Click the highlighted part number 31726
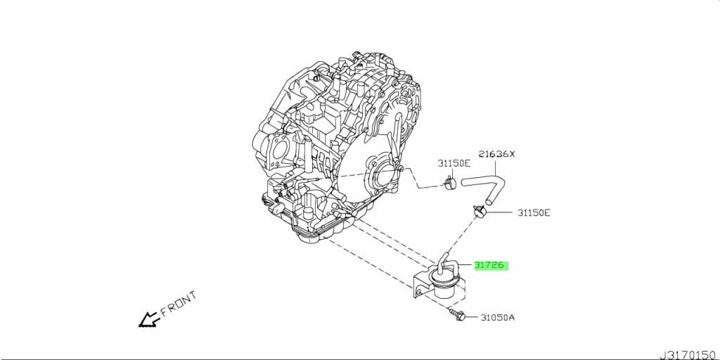[490, 266]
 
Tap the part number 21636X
[497, 154]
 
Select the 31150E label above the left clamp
[454, 162]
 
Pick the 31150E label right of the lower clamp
[534, 212]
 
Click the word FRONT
[178, 304]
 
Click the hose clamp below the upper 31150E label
[449, 185]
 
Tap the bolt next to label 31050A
[456, 316]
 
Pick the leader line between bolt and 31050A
[472, 318]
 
